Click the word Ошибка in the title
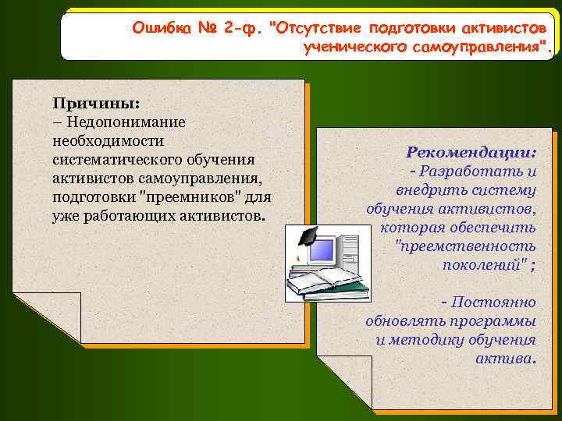pyautogui.click(x=161, y=29)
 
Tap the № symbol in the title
pyautogui.click(x=207, y=29)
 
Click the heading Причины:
pyautogui.click(x=85, y=103)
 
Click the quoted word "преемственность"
pyautogui.click(x=466, y=246)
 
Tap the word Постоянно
pyautogui.click(x=493, y=302)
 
